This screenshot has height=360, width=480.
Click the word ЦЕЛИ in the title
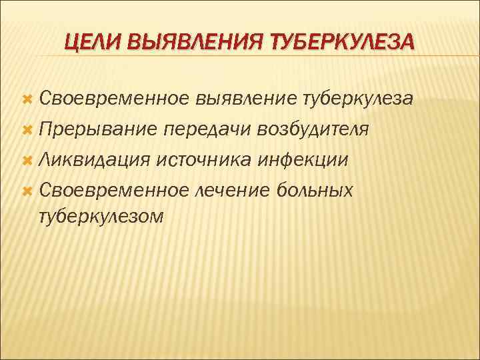(91, 43)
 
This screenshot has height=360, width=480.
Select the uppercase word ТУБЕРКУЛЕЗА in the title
(339, 43)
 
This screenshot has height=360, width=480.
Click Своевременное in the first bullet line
(114, 99)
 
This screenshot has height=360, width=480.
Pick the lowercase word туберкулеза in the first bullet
(358, 99)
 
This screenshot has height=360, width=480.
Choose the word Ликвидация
(95, 161)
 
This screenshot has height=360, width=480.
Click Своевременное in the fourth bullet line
(114, 191)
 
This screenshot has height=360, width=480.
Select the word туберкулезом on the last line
(101, 217)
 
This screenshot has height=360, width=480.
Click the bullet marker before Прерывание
(27, 130)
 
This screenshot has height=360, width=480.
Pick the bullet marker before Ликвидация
(27, 161)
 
